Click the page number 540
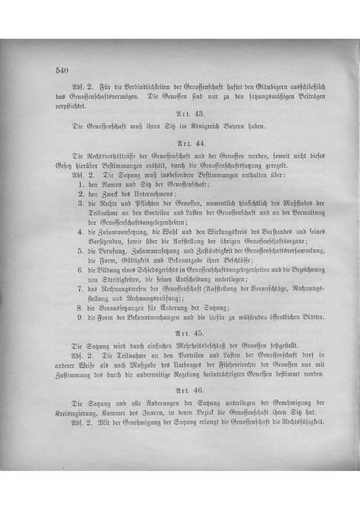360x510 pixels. pyautogui.click(x=60, y=70)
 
